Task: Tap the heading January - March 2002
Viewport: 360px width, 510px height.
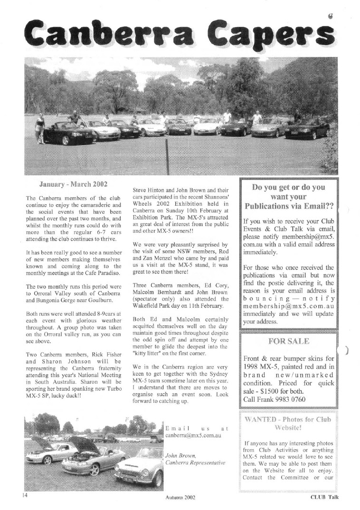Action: click(x=73, y=183)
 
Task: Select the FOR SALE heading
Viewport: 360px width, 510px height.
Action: click(x=289, y=341)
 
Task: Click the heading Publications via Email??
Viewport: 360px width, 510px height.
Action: click(x=289, y=206)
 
